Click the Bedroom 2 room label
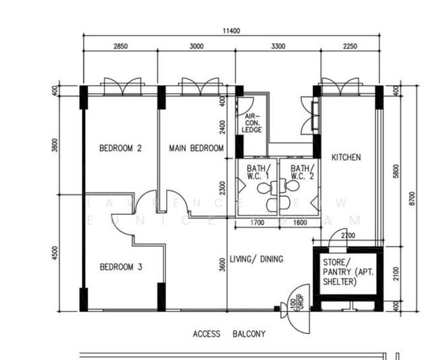(x=120, y=148)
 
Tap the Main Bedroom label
(x=196, y=148)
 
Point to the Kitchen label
(x=346, y=157)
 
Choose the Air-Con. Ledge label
(x=252, y=123)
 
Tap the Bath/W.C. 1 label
(x=258, y=172)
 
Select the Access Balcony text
(x=229, y=334)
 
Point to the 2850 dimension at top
(x=121, y=46)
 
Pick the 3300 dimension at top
(x=275, y=46)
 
